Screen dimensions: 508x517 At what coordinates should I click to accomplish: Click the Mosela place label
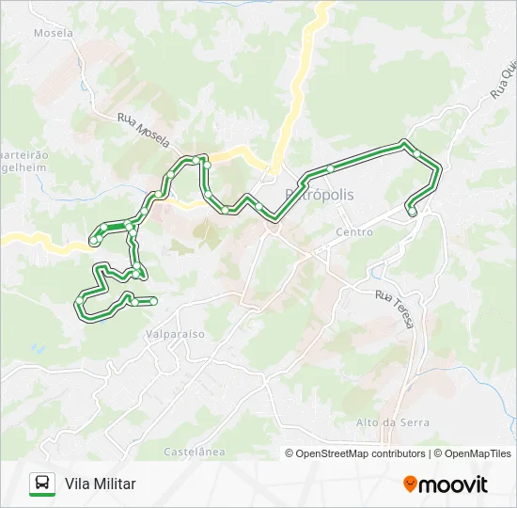[x=53, y=32]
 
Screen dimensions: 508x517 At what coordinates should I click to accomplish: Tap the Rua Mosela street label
[x=144, y=131]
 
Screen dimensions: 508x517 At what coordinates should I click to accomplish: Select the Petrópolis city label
[x=320, y=194]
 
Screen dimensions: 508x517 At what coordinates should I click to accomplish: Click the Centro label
[x=354, y=231]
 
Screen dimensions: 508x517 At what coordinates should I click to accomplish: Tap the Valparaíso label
[x=175, y=333]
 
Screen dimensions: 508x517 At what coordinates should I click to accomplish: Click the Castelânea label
[x=195, y=452]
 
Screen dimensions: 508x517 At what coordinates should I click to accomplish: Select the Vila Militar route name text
[x=101, y=484]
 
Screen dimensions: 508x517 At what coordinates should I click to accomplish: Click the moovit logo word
[x=454, y=484]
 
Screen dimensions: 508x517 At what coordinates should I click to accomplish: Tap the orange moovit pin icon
[x=410, y=484]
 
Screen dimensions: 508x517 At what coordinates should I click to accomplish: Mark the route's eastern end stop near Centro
[x=412, y=213]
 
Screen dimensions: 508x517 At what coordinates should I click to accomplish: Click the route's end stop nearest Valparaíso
[x=151, y=300]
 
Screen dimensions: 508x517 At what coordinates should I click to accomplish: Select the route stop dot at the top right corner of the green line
[x=405, y=143]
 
